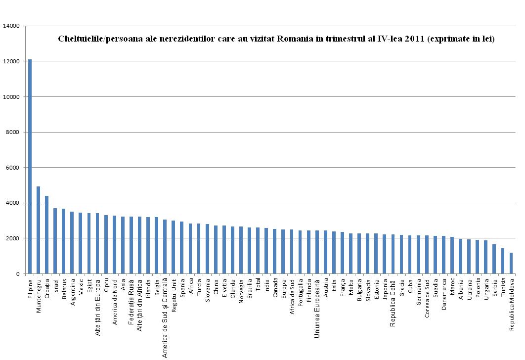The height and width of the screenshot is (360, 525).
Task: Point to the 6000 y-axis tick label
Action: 12,168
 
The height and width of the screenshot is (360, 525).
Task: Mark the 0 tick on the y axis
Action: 17,274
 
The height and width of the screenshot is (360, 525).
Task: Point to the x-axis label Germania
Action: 419,292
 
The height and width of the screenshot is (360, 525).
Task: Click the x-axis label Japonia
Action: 385,289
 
